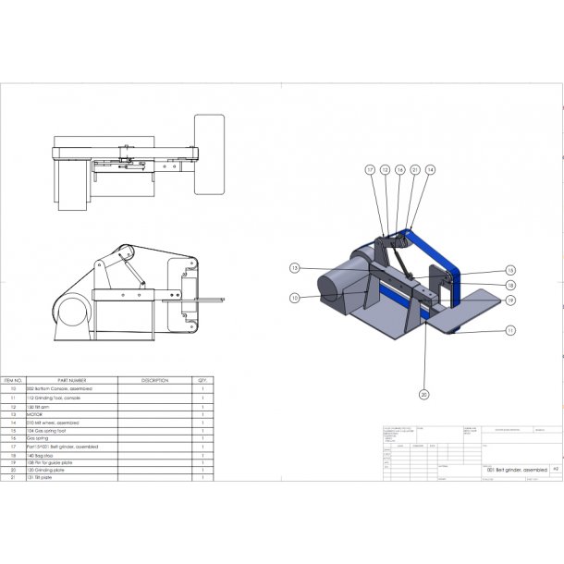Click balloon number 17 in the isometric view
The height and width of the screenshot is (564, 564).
pos(368,170)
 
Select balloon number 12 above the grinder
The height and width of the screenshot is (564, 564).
pos(385,170)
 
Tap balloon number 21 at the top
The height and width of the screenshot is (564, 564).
pos(415,170)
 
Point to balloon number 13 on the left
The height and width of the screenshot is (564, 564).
pos(294,268)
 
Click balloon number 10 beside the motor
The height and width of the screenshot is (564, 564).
pos(294,298)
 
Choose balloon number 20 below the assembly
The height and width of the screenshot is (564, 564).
pos(424,395)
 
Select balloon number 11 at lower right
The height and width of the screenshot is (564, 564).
pos(509,330)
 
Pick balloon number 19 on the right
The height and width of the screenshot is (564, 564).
pos(509,300)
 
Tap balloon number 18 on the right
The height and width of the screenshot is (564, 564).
pos(509,286)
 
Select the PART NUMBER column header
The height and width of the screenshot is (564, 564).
pos(71,379)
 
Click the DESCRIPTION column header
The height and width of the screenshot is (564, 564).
pos(154,379)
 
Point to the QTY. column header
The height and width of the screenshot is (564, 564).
pos(202,379)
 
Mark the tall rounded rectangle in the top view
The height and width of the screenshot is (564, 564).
pos(209,154)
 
